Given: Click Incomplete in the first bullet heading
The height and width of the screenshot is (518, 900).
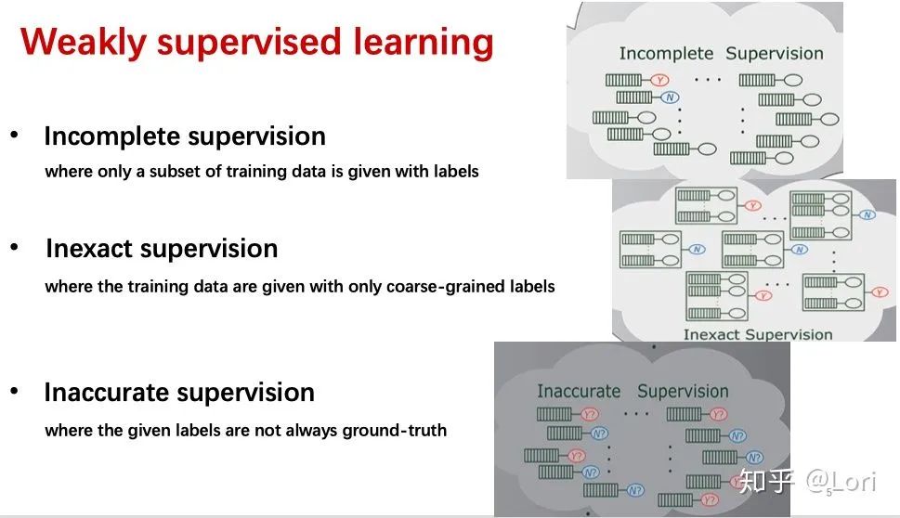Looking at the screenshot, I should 111,136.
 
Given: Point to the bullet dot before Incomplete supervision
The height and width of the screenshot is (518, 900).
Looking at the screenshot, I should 14,136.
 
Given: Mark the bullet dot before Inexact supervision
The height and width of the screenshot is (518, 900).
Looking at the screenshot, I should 14,248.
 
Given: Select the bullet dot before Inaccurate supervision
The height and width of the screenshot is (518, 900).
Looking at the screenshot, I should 14,392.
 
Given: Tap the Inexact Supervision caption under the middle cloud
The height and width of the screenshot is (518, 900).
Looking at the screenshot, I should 758,334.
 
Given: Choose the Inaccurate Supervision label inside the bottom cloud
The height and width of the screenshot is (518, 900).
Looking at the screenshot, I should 633,391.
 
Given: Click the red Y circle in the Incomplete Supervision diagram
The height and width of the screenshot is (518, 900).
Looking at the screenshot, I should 659,81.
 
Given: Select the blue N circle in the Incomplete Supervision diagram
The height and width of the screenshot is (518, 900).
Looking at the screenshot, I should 671,97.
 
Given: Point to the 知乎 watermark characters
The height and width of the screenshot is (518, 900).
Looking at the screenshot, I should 767,481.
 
